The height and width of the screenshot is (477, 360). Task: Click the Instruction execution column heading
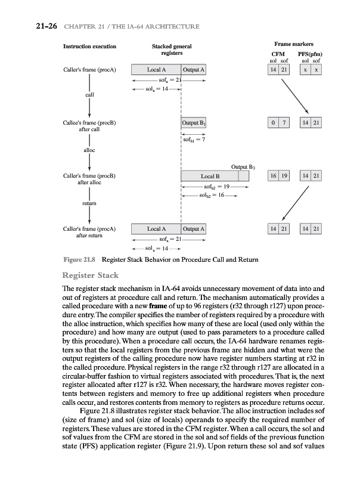click(89, 46)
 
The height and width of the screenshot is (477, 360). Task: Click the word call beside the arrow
click(89, 94)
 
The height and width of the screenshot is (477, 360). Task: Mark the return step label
click(89, 203)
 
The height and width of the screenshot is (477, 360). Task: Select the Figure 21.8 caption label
click(80, 261)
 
